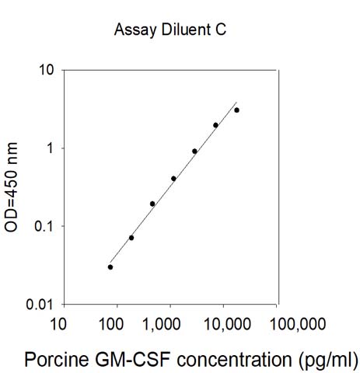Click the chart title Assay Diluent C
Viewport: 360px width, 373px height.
(170, 30)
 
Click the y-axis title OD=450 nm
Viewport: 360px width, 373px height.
(11, 187)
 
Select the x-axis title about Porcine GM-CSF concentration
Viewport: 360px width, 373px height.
(191, 360)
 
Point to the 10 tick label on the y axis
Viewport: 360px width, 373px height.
(46, 70)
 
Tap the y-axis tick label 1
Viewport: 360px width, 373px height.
(50, 148)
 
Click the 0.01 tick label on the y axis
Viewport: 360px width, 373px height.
(40, 305)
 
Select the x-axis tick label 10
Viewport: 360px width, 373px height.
(58, 324)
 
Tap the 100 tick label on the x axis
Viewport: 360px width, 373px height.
(111, 324)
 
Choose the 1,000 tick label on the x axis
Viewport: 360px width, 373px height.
(162, 324)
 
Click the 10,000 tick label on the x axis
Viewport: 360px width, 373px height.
(228, 324)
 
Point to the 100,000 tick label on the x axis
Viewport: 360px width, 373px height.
(298, 324)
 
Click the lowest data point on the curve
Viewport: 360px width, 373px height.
(110, 267)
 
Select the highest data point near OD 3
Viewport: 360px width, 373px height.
(236, 110)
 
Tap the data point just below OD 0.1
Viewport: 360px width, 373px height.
(131, 238)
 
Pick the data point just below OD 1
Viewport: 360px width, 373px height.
(194, 152)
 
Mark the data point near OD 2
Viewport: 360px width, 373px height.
(215, 125)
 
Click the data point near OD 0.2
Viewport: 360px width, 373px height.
(152, 204)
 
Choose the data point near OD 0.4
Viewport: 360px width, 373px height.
(173, 179)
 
